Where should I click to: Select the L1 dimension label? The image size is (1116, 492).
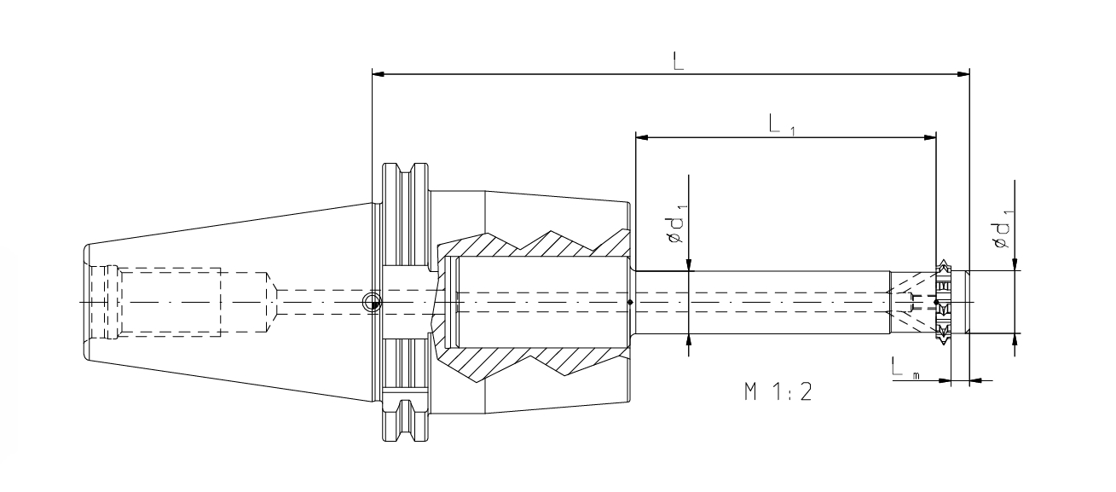click(778, 126)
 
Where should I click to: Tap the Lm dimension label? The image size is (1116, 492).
click(901, 368)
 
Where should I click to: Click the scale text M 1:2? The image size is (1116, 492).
click(778, 393)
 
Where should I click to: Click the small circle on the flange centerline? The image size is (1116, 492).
click(372, 303)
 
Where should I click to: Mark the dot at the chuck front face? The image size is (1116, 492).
click(629, 303)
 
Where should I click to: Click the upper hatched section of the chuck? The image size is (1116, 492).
click(529, 246)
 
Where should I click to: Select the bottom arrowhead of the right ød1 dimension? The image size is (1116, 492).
click(1015, 339)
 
